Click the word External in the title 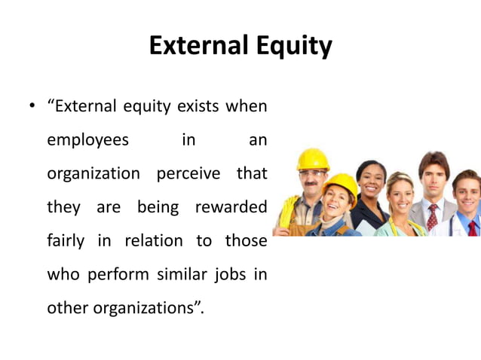[x=193, y=47]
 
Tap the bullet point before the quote [x=32, y=106]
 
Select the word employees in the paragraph [x=87, y=140]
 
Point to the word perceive [x=188, y=174]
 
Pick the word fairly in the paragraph [x=66, y=241]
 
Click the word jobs [x=229, y=274]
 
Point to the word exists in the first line [x=196, y=106]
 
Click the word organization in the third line [x=93, y=174]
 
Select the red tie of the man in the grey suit [x=432, y=218]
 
